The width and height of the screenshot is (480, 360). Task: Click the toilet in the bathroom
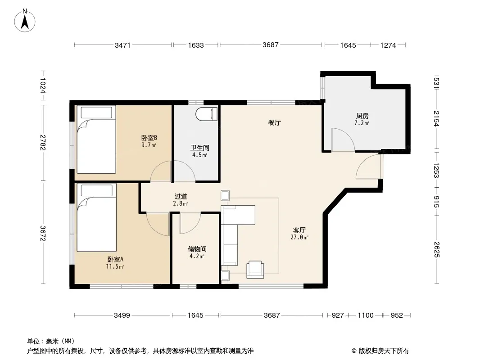(207, 114)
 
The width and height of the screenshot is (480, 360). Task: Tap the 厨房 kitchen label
(362, 116)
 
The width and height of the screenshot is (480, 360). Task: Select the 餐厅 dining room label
(274, 123)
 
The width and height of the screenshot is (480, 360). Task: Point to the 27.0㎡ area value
(299, 237)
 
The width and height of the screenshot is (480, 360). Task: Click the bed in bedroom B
(96, 139)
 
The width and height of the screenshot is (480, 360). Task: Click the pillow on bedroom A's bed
(96, 190)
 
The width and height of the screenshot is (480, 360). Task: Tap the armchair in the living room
(255, 270)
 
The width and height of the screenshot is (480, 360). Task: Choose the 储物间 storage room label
(197, 249)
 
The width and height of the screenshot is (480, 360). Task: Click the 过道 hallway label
(181, 196)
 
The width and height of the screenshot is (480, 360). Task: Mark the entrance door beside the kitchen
(369, 166)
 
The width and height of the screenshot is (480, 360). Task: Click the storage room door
(190, 224)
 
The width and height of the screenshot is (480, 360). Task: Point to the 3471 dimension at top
(122, 45)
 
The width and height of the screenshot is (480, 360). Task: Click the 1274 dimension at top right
(388, 45)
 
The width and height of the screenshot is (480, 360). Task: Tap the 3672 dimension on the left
(43, 234)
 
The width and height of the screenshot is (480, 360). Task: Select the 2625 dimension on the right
(436, 250)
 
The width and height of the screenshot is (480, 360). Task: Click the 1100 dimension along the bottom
(366, 315)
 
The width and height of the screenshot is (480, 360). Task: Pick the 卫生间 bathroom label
(199, 148)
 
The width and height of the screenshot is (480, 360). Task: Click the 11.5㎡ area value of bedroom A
(115, 266)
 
